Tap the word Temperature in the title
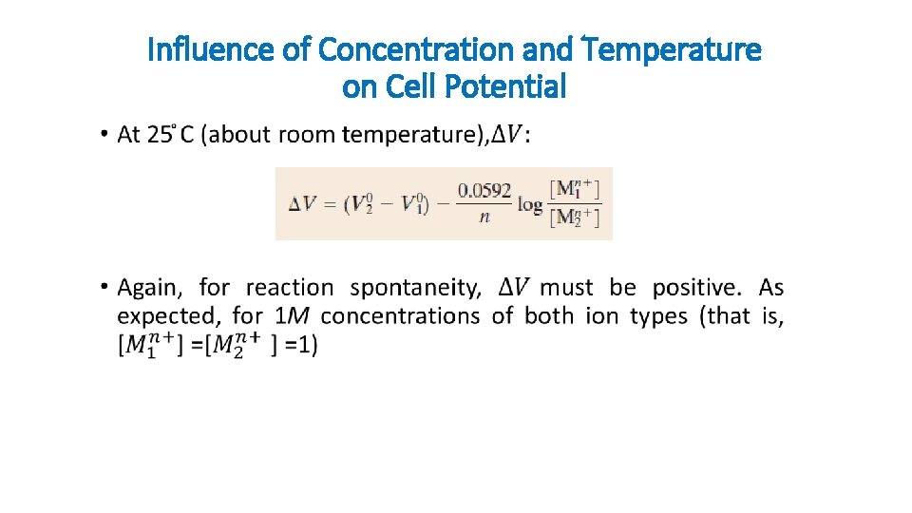coord(670,49)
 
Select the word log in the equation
coord(530,203)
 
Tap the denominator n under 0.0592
coord(484,217)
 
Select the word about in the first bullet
coord(238,135)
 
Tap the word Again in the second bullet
coord(152,288)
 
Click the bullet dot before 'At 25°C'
coord(103,135)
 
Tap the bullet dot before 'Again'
coord(103,288)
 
